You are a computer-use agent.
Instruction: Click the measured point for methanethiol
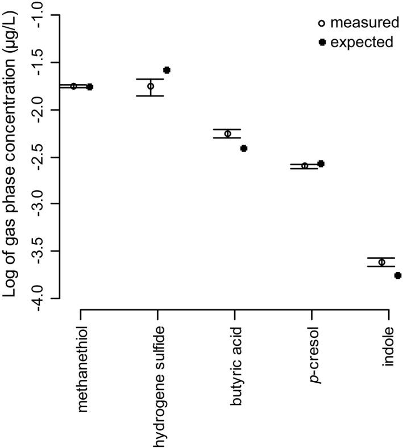click(74, 86)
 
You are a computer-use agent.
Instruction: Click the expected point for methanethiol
click(90, 87)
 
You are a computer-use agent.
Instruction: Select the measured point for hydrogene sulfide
click(151, 86)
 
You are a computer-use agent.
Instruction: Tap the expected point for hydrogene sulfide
click(167, 70)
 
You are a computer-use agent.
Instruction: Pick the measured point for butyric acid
click(228, 134)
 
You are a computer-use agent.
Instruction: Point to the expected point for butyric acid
click(244, 148)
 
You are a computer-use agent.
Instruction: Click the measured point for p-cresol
click(305, 166)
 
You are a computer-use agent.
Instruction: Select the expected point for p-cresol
click(321, 164)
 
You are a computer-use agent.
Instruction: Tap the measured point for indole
click(381, 262)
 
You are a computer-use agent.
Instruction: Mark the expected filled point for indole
click(397, 275)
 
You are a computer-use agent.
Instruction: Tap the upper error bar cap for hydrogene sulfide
click(151, 79)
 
